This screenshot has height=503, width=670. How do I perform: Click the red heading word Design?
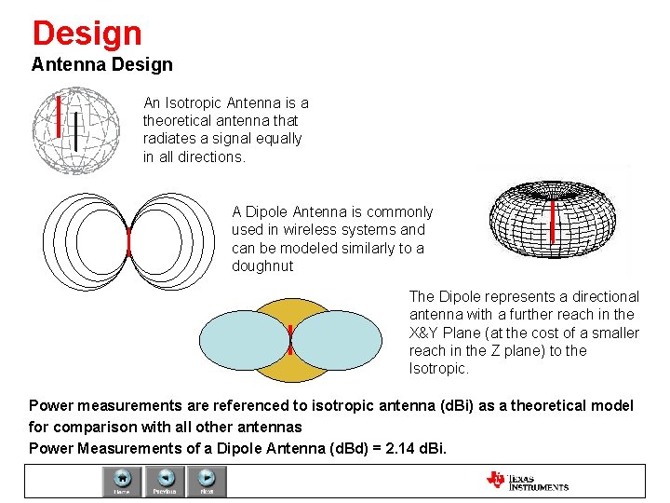(x=87, y=34)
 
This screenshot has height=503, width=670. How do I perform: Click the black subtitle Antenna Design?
(x=101, y=64)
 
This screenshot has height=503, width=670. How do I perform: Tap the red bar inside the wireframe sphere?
(x=59, y=116)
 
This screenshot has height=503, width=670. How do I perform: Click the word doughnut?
(x=262, y=266)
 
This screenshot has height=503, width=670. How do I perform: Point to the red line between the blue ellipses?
(x=290, y=340)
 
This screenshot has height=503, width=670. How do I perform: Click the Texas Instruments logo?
(x=528, y=481)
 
